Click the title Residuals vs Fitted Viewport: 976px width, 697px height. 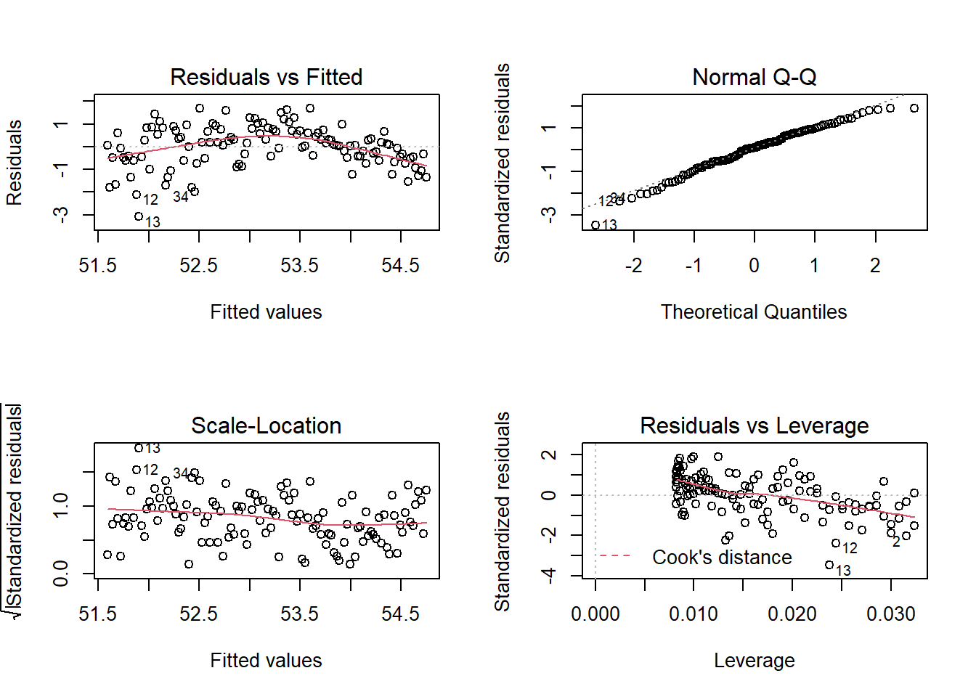pyautogui.click(x=266, y=77)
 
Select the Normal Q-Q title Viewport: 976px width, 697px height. pyautogui.click(x=754, y=77)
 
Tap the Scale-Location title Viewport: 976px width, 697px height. pyautogui.click(x=266, y=425)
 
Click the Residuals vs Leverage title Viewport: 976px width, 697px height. pyautogui.click(x=754, y=425)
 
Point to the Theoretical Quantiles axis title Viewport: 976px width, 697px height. pyautogui.click(x=754, y=312)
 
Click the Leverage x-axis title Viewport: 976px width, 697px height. pyautogui.click(x=754, y=661)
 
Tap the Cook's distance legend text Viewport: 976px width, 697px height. pyautogui.click(x=722, y=558)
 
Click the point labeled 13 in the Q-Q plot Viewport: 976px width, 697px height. pyautogui.click(x=595, y=225)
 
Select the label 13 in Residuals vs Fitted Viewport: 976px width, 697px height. pyautogui.click(x=152, y=222)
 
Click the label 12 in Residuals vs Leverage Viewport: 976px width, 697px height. pyautogui.click(x=850, y=548)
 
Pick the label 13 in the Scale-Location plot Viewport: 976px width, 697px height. pyautogui.click(x=152, y=449)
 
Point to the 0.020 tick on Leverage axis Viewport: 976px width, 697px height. pyautogui.click(x=792, y=614)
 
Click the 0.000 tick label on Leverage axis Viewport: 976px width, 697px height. pyautogui.click(x=595, y=614)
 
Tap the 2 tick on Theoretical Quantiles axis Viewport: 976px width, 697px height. pyautogui.click(x=875, y=266)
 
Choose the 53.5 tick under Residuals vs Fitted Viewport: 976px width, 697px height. pyautogui.click(x=300, y=266)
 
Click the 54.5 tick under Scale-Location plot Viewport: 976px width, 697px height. pyautogui.click(x=401, y=614)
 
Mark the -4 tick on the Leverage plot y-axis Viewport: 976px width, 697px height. pyautogui.click(x=550, y=576)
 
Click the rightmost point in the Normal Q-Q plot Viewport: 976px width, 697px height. pyautogui.click(x=914, y=108)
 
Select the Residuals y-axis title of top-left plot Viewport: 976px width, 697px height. pyautogui.click(x=15, y=163)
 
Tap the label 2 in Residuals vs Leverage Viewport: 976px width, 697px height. pyautogui.click(x=896, y=542)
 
